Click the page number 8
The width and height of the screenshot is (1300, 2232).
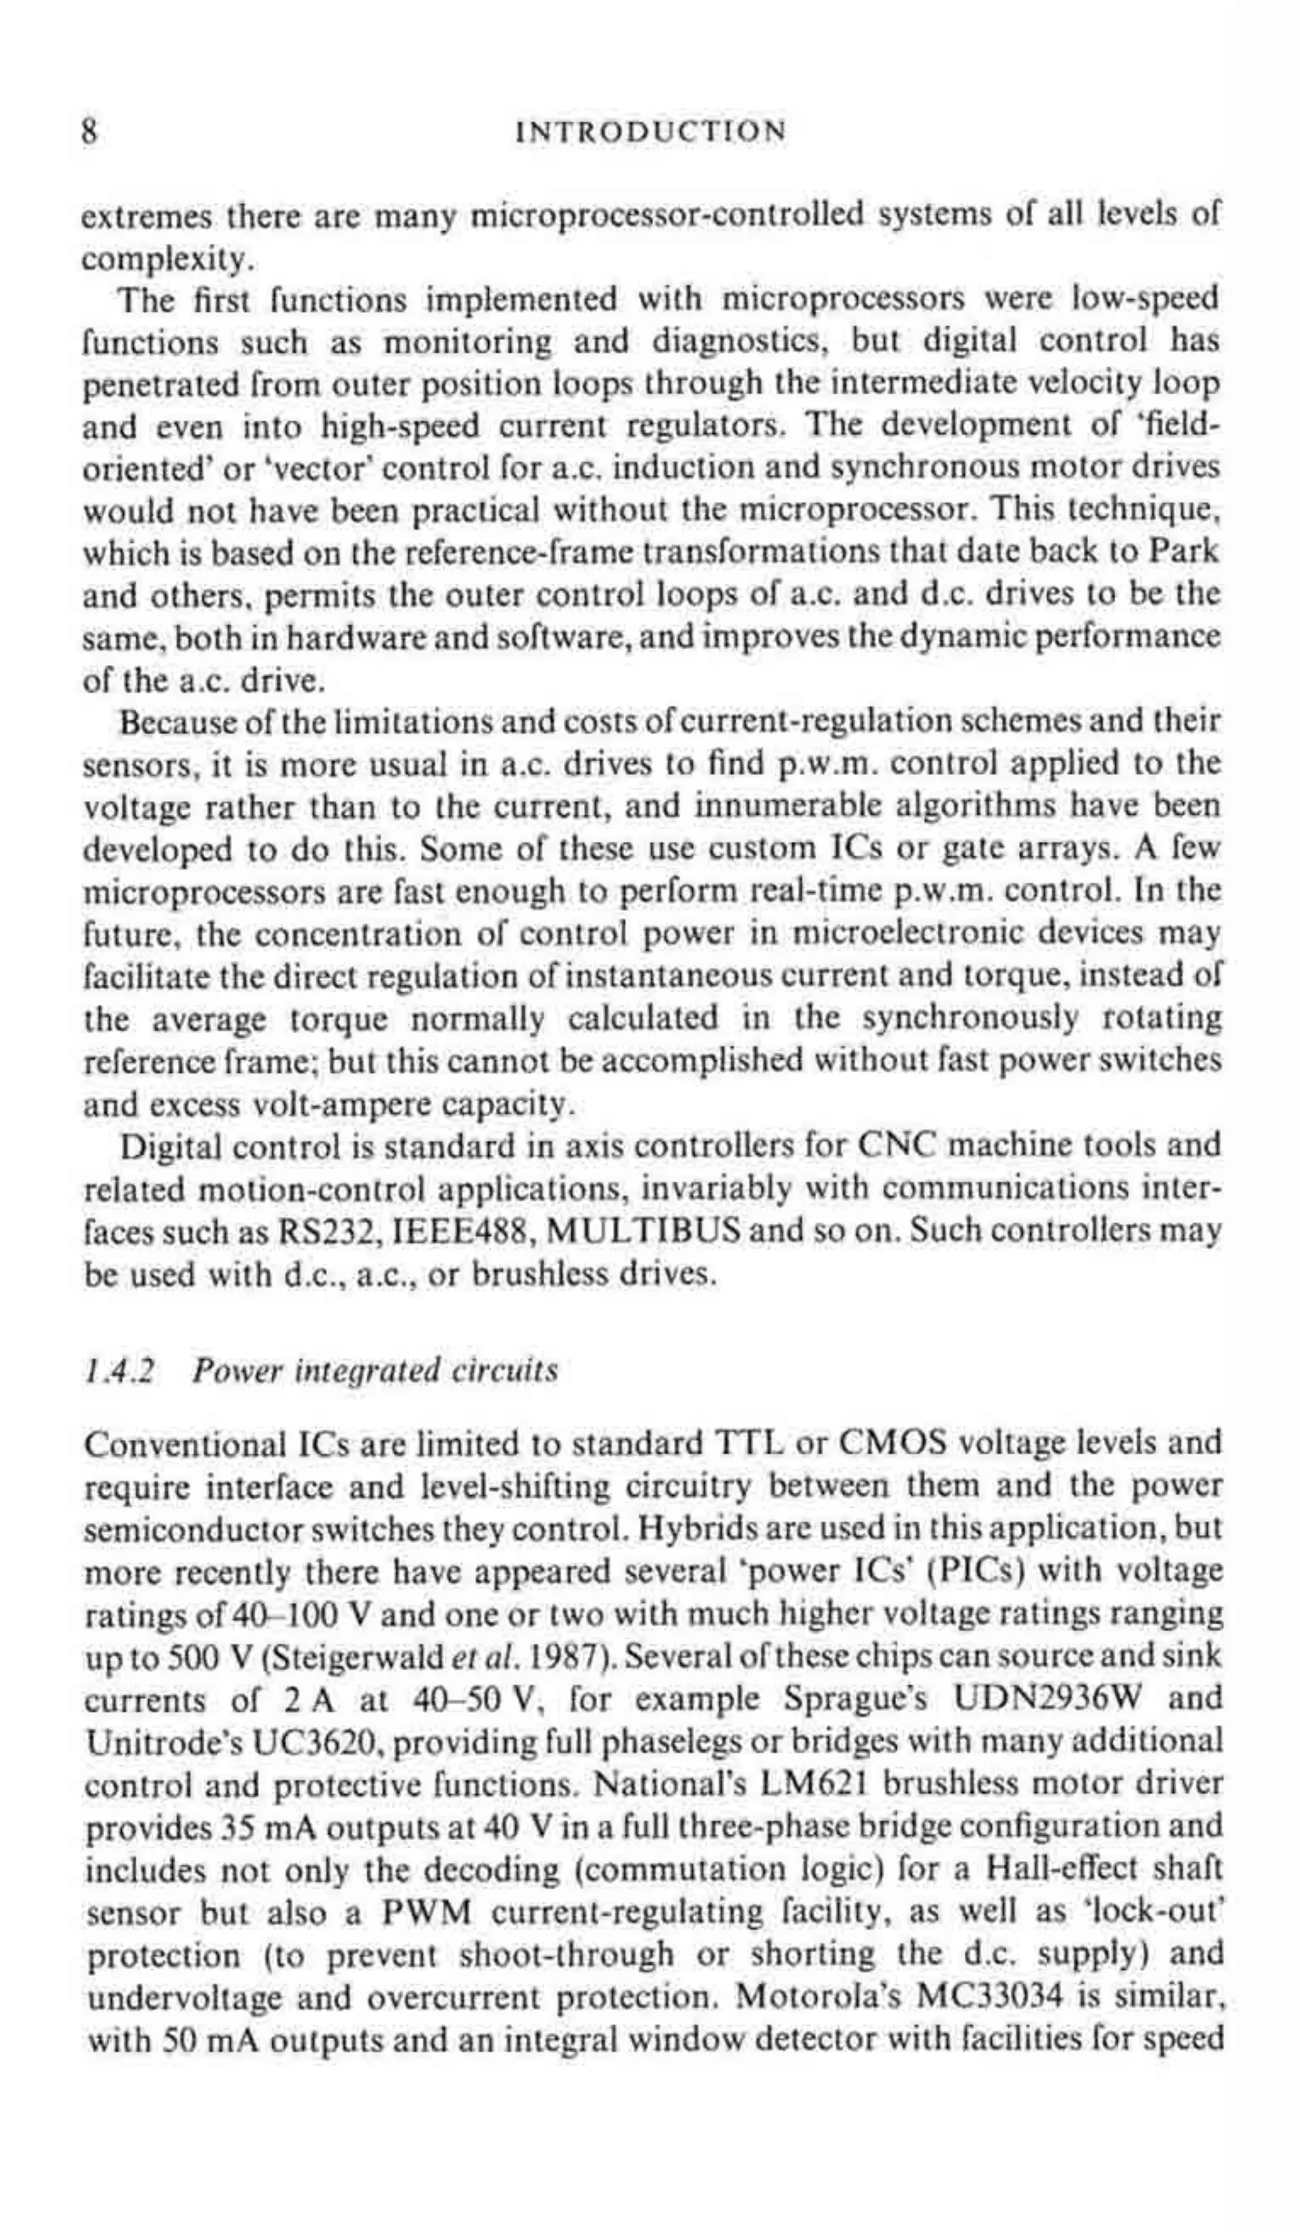tap(89, 132)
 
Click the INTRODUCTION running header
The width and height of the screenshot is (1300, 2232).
tap(651, 132)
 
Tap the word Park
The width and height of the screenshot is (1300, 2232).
tap(1184, 552)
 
